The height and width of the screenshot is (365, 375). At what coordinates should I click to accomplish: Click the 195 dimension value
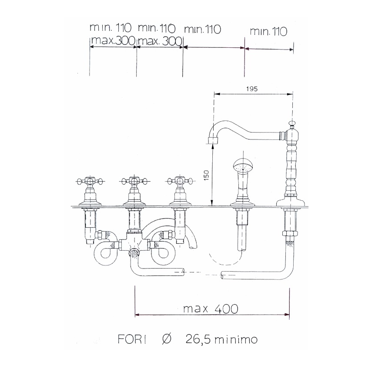(252, 89)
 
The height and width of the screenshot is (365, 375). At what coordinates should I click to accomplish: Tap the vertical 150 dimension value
(206, 175)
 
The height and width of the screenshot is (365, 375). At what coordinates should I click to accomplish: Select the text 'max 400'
(211, 309)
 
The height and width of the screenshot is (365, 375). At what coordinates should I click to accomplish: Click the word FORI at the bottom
(132, 339)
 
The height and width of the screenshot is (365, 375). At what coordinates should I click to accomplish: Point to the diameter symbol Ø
(167, 339)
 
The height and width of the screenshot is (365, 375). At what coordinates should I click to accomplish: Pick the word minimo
(236, 339)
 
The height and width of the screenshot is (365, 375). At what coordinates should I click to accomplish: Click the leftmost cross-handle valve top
(90, 181)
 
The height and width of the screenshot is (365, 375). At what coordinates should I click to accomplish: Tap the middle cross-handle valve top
(134, 181)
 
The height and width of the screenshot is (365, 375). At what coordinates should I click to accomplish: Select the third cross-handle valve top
(180, 181)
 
